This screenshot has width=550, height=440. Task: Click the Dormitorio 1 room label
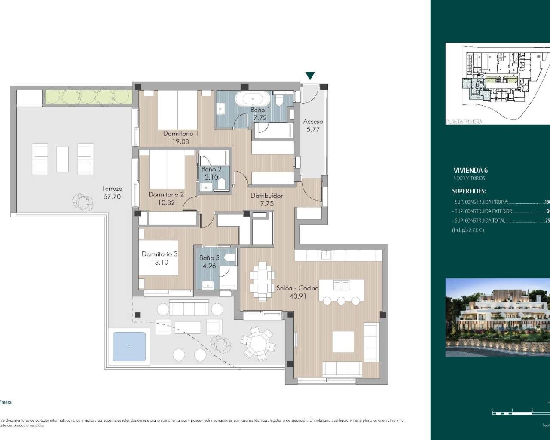click(x=180, y=134)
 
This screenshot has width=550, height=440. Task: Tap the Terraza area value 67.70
click(x=112, y=196)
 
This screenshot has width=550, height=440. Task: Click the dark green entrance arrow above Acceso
click(x=310, y=76)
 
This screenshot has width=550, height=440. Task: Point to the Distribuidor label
click(x=266, y=196)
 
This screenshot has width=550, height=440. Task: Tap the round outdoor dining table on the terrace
click(x=258, y=342)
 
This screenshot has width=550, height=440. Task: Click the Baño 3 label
click(x=209, y=258)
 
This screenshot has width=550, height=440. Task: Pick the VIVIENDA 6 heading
click(x=471, y=170)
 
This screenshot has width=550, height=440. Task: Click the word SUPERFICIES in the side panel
click(x=469, y=191)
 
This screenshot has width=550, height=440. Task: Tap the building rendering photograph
click(x=498, y=318)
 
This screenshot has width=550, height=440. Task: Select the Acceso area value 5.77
click(x=313, y=129)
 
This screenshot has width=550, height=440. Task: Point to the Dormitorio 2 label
click(x=166, y=194)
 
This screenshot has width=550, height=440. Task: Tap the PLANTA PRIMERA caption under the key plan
click(x=464, y=122)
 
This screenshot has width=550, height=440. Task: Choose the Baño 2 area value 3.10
click(x=211, y=177)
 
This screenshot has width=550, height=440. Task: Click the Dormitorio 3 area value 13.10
click(x=159, y=262)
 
